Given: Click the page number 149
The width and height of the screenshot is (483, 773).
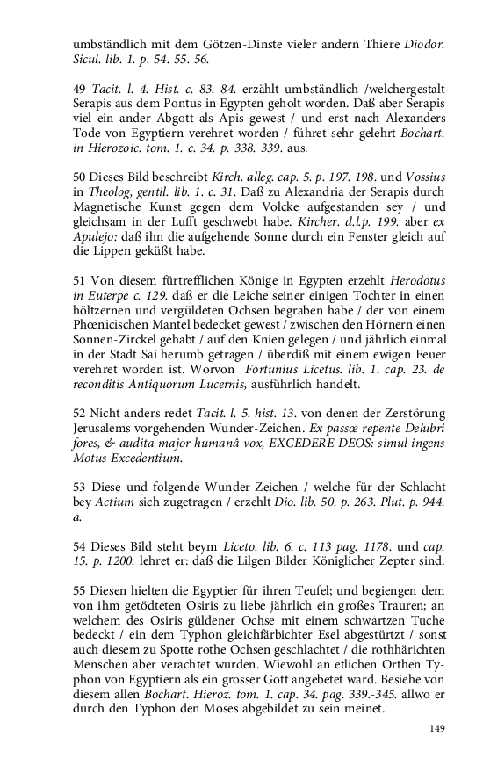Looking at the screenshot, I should [x=437, y=729].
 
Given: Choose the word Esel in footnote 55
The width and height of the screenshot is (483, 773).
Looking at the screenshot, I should [x=312, y=639].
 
